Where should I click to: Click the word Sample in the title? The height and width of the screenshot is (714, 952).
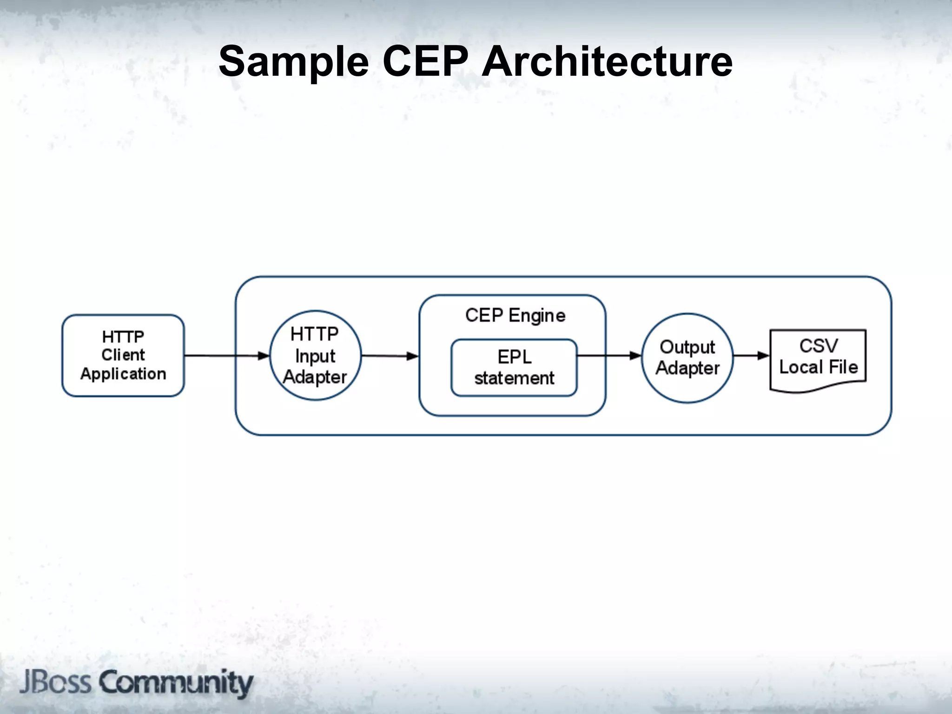click(x=294, y=62)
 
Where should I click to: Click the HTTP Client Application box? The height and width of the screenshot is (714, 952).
click(x=123, y=356)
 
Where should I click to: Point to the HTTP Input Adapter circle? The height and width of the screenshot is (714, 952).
click(x=315, y=356)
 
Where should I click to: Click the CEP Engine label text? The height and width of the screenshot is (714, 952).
click(x=515, y=316)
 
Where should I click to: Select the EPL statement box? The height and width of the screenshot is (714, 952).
click(x=514, y=368)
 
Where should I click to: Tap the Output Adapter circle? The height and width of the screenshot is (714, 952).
click(x=687, y=357)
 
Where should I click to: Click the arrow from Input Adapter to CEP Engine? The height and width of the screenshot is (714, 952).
click(x=390, y=356)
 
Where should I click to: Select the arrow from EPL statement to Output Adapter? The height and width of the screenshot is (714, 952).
click(x=609, y=356)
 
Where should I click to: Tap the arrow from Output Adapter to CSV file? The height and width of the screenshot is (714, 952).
click(x=751, y=356)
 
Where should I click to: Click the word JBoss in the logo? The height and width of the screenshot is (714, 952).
click(x=55, y=682)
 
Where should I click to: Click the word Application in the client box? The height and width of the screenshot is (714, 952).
click(x=123, y=374)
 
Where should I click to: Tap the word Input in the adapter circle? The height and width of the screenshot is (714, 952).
click(x=315, y=357)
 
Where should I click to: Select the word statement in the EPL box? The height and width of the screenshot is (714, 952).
click(x=514, y=378)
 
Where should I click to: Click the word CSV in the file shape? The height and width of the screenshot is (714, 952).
click(x=818, y=346)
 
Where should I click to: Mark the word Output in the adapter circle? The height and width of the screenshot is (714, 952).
click(x=687, y=347)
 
